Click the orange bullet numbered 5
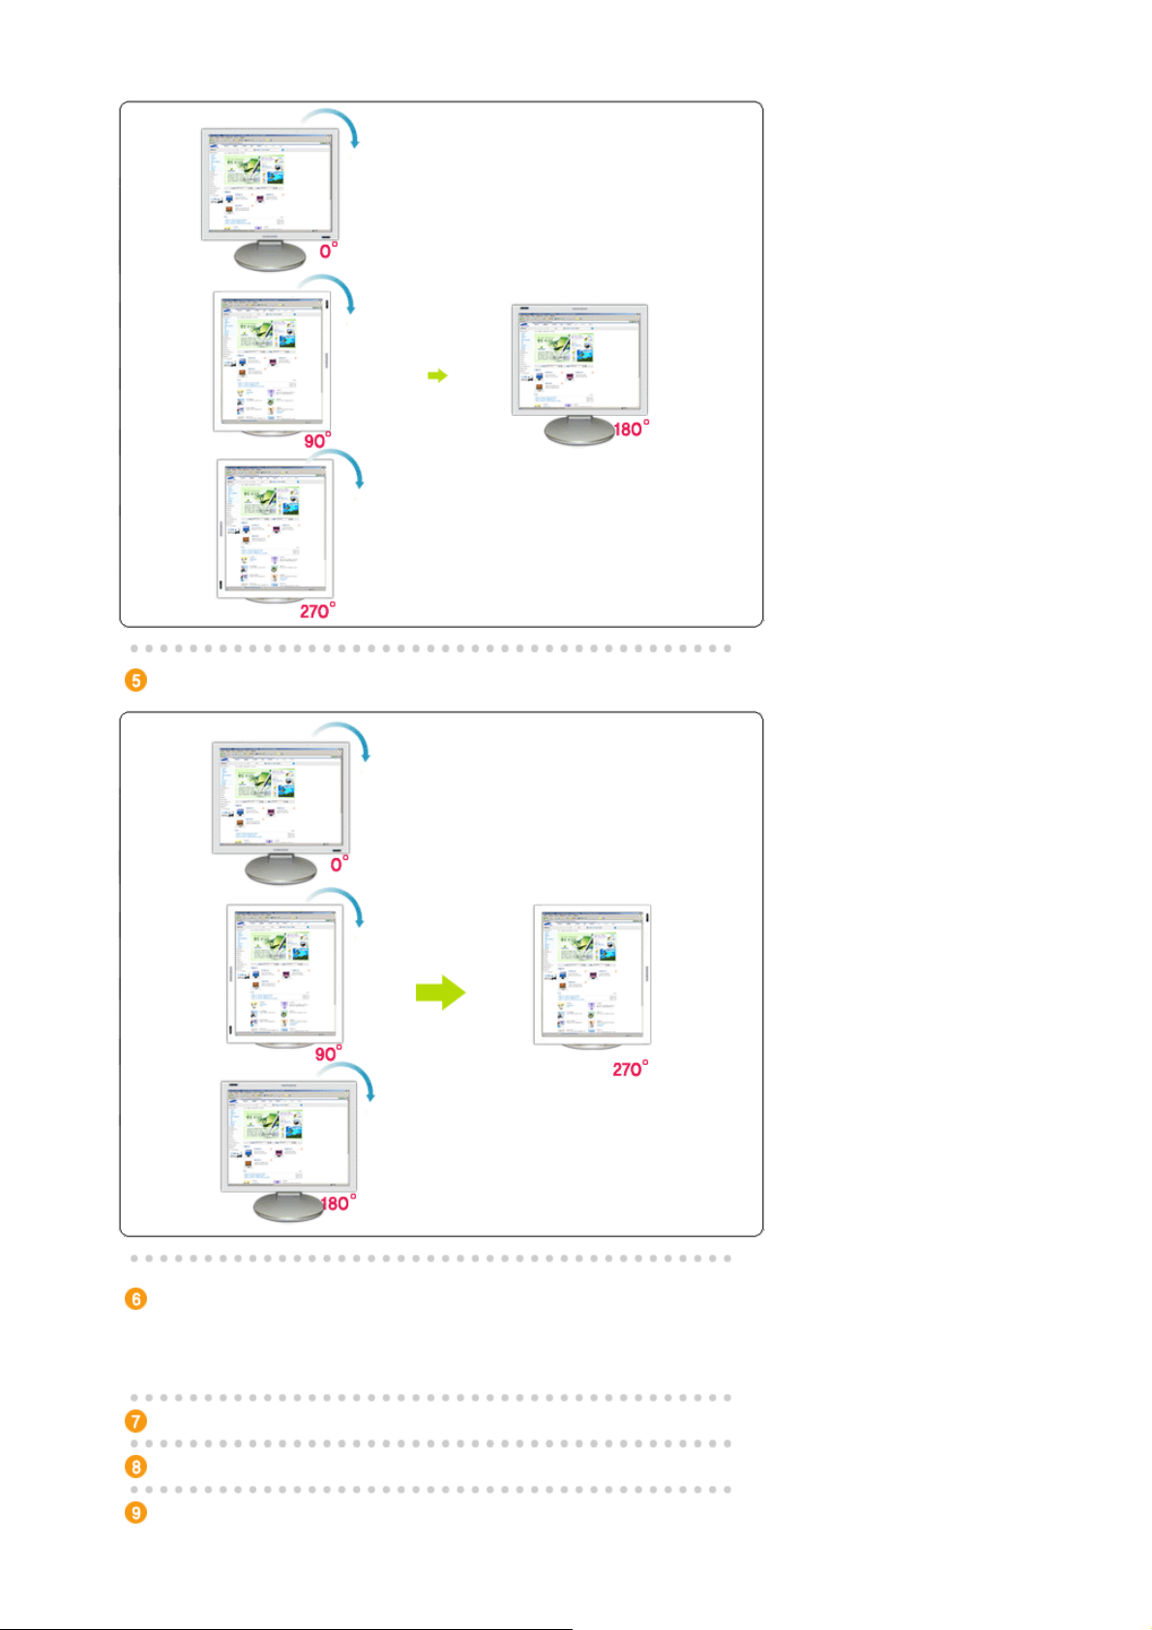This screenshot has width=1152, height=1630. click(x=136, y=680)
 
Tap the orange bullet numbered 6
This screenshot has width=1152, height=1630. click(x=136, y=1298)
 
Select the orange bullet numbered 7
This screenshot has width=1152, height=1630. click(x=136, y=1421)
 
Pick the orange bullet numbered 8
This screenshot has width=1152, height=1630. click(x=136, y=1467)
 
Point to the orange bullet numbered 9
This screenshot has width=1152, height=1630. click(x=136, y=1512)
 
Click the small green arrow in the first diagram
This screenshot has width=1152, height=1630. click(x=438, y=375)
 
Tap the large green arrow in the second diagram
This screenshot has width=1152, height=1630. click(x=441, y=993)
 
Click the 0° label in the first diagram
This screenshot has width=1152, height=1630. click(x=329, y=251)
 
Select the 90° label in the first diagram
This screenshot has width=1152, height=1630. click(x=317, y=441)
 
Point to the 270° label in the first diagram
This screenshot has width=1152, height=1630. click(x=317, y=611)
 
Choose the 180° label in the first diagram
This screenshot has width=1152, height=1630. click(x=631, y=429)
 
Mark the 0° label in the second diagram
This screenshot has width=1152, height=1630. click(x=340, y=864)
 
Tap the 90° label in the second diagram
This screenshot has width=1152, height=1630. click(x=328, y=1053)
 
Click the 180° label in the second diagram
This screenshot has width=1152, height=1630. click(x=338, y=1203)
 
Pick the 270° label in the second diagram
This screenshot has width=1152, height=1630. click(x=630, y=1069)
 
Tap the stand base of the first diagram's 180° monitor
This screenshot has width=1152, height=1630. click(x=578, y=431)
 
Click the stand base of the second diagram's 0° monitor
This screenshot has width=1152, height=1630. click(x=281, y=870)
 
